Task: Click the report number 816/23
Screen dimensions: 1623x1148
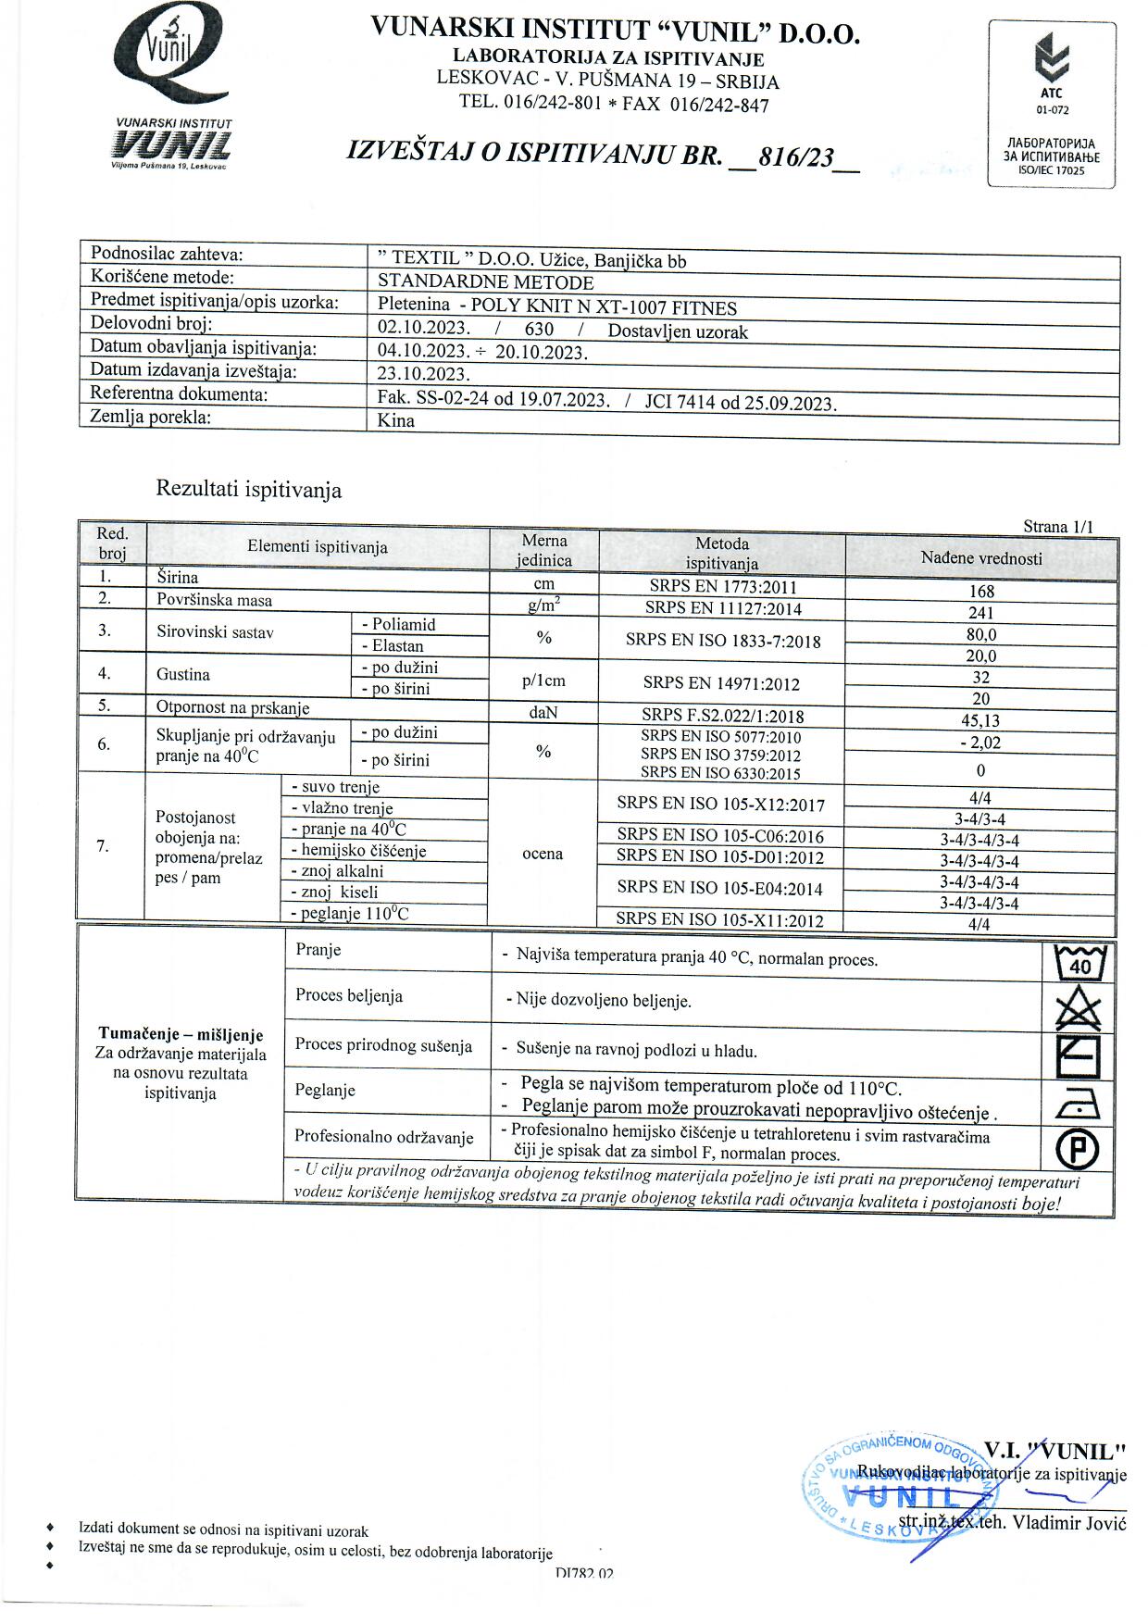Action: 796,157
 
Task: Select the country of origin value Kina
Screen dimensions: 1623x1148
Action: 396,420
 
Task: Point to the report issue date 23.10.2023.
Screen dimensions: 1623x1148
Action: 424,374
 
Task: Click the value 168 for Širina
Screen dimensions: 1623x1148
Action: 981,591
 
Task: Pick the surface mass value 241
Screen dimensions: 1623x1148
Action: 980,612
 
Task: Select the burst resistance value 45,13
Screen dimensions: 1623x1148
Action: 980,720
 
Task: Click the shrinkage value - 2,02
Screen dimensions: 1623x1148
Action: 980,743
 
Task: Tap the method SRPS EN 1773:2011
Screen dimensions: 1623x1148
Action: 723,587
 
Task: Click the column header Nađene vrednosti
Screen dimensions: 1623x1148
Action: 981,558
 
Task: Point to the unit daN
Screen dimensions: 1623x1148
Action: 543,712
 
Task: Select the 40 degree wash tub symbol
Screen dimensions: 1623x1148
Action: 1079,964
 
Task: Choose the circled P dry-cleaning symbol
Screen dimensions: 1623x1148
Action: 1078,1150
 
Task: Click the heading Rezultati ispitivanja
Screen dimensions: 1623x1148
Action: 248,490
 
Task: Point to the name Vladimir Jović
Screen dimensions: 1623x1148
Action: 1068,1523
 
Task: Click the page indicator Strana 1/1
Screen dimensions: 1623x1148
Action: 1057,527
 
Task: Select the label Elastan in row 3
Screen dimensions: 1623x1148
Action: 397,646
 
